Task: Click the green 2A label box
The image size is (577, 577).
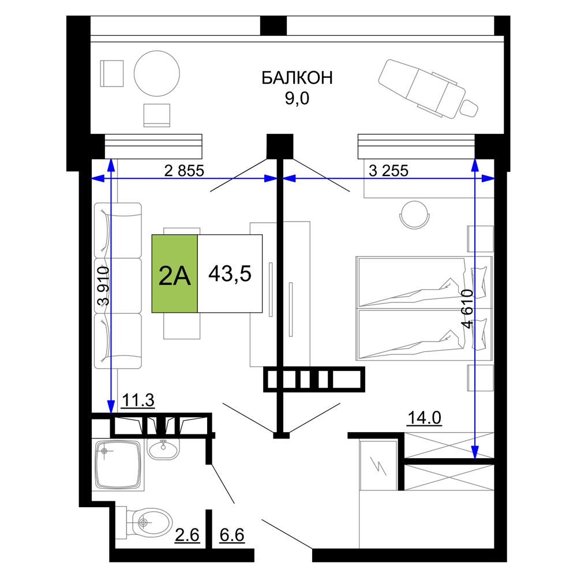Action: coord(175,274)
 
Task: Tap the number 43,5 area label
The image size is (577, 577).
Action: coord(230,274)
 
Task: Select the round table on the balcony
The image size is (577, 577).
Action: coord(157,73)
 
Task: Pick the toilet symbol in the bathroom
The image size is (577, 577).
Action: coord(147,523)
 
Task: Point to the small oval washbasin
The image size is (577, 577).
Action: coord(164,448)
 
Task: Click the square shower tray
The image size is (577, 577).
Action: coord(118,464)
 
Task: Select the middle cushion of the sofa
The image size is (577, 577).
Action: coord(118,286)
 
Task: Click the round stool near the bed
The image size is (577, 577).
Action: coord(414,214)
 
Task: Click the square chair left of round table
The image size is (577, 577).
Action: coord(112,74)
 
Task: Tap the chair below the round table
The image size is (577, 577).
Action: coord(157,115)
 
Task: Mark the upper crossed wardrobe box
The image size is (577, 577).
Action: coord(450,445)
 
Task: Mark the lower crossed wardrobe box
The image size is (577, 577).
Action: coord(450,477)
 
